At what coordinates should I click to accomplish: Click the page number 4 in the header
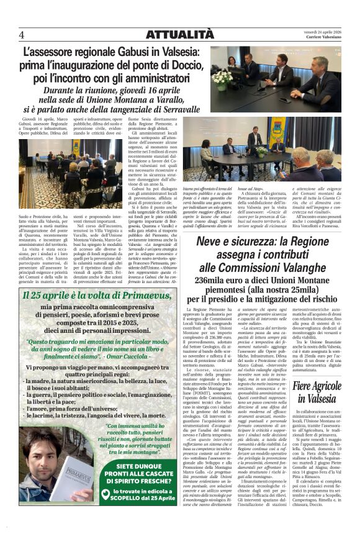[22, 34]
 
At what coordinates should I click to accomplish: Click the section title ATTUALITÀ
[179, 35]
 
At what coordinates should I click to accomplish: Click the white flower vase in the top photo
[222, 79]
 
